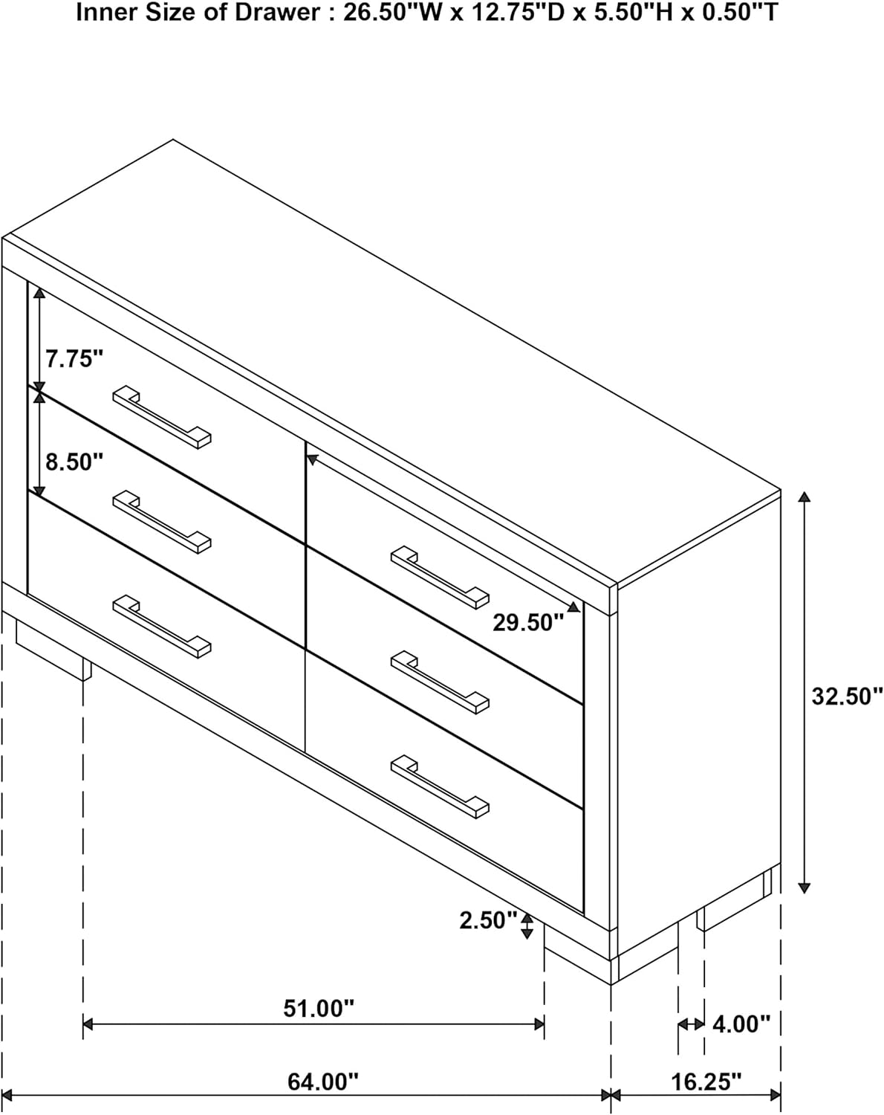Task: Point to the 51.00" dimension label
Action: pos(319,1008)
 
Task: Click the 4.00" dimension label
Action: pos(741,1024)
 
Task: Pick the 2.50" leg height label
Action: pos(488,920)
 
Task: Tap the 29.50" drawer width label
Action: pos(528,622)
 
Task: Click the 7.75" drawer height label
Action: pos(74,358)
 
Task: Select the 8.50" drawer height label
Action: pos(74,462)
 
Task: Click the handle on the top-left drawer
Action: pos(162,416)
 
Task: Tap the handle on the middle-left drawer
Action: pos(162,522)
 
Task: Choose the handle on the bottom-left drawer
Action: pos(162,627)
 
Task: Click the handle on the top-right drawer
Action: pos(440,577)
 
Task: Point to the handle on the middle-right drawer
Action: pos(440,682)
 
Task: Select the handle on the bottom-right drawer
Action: pos(440,787)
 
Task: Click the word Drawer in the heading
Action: pos(278,13)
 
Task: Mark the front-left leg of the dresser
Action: pos(54,650)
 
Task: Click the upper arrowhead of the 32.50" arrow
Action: pos(804,497)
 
